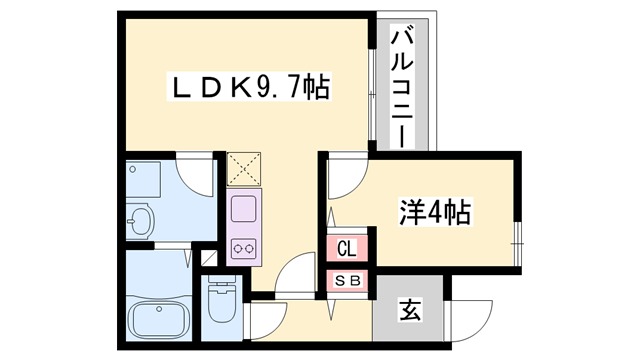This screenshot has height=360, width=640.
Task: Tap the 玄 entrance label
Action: pos(410,310)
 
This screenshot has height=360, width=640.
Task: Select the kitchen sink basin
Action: pos(244,210)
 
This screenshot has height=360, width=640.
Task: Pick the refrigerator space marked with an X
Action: pos(243,169)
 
